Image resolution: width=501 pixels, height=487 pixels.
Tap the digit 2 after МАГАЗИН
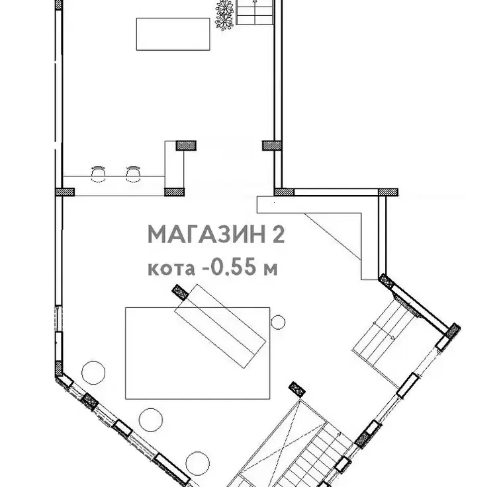click(278, 235)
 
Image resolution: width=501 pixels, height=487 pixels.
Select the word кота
click(171, 269)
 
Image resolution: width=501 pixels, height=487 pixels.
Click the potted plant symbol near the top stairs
click(224, 15)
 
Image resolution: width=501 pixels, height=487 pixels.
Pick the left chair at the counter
click(99, 174)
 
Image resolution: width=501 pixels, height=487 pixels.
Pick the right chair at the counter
click(133, 174)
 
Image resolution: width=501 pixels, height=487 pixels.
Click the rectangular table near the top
click(173, 34)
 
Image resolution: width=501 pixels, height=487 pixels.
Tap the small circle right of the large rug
click(278, 322)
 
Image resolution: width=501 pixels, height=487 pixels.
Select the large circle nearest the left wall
click(93, 372)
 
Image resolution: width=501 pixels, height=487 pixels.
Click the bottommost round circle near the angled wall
click(197, 463)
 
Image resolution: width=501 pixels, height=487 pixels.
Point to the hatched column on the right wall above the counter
click(272, 145)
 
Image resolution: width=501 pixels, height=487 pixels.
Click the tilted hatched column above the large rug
click(181, 293)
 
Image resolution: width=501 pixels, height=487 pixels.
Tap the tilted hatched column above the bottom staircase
click(297, 389)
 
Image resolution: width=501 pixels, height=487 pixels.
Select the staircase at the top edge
click(255, 12)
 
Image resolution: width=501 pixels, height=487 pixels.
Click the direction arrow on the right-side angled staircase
click(383, 330)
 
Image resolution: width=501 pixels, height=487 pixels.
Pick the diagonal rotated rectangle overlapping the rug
click(220, 326)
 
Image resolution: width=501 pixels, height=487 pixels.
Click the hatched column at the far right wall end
click(388, 192)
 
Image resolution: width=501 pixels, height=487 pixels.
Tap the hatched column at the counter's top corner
click(186, 145)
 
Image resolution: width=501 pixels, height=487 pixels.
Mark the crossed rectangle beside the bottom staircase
click(281, 443)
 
